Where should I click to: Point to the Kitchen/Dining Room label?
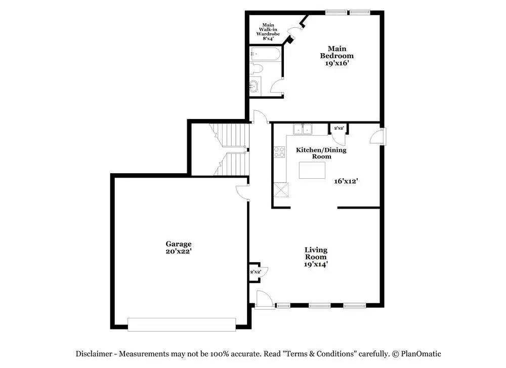[321, 153]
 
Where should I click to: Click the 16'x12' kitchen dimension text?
[346, 181]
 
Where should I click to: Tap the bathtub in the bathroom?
[265, 54]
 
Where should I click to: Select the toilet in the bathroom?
[257, 68]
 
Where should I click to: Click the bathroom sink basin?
[254, 87]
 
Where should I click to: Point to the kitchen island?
[312, 170]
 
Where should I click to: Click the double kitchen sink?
[303, 129]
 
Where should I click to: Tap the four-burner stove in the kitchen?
[279, 152]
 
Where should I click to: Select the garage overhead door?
[182, 324]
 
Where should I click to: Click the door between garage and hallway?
[243, 192]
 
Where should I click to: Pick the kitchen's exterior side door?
[377, 136]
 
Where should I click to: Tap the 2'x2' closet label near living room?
[255, 272]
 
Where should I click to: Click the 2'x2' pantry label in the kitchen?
[339, 128]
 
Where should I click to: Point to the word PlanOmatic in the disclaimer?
[421, 354]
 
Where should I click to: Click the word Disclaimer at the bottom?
[94, 354]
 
